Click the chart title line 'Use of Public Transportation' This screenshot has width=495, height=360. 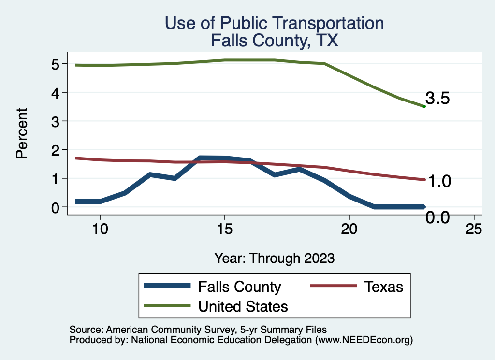pos(274,23)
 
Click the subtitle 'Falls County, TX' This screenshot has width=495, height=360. pos(274,41)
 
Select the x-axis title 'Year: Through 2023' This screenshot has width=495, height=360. pos(275,258)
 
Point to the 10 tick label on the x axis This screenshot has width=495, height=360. pos(100,229)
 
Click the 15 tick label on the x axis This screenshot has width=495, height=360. pos(225,229)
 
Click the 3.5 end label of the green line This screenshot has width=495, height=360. pos(438,99)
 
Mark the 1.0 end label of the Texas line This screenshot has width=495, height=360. pos(440,181)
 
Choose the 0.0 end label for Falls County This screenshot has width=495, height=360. pos(438,217)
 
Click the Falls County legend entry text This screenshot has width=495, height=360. pos(239,287)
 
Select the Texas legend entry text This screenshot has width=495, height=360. pos(384,287)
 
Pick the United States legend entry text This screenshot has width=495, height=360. pos(243,306)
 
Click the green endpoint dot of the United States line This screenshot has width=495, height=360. pos(424,106)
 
